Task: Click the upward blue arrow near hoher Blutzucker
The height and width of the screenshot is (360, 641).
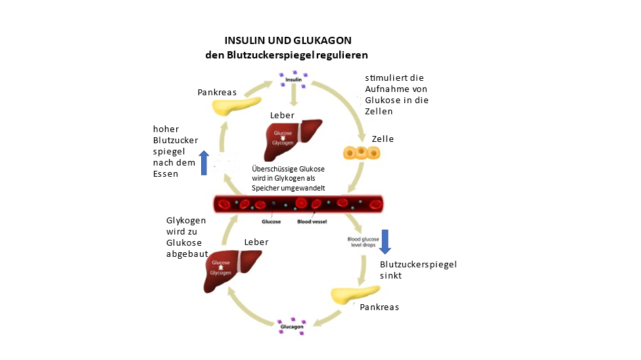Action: tap(203, 163)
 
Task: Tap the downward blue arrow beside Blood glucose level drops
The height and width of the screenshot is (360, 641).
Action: tap(385, 241)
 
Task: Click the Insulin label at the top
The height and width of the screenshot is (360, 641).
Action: tap(293, 79)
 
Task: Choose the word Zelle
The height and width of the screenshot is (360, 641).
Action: tap(383, 139)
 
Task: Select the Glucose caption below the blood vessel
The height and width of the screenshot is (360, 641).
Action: tap(271, 222)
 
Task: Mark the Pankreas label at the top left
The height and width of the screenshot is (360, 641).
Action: tap(217, 92)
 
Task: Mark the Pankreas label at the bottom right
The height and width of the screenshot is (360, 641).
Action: tap(379, 307)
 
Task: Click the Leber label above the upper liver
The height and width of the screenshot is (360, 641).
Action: tap(282, 116)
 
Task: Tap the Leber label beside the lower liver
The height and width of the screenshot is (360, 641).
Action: tap(256, 242)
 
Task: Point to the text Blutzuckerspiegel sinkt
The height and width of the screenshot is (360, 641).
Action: tap(418, 270)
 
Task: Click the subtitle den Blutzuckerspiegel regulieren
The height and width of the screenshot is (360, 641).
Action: tap(286, 55)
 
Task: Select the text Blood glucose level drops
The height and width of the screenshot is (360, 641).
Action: tap(362, 242)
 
